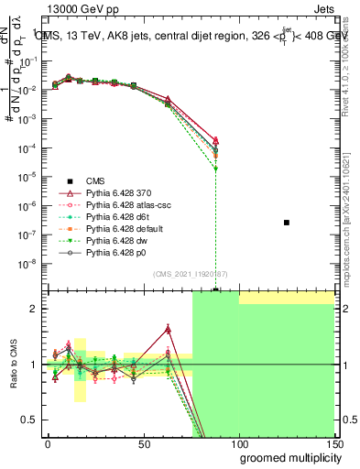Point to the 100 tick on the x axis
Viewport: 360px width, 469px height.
click(x=239, y=444)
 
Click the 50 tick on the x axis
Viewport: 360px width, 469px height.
click(x=143, y=444)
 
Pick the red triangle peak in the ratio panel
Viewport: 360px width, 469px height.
click(x=169, y=329)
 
